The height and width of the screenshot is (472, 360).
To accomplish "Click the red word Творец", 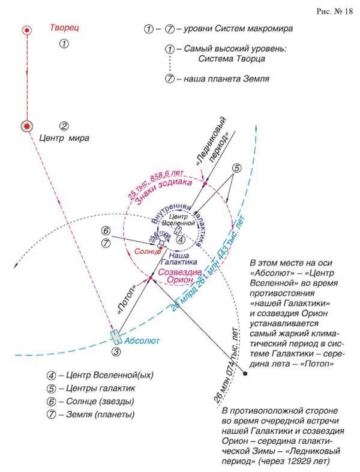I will tap(64, 28).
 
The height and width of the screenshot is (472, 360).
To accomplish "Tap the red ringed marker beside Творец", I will tap(26, 29).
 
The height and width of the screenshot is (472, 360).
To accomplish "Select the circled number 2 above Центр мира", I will tap(64, 126).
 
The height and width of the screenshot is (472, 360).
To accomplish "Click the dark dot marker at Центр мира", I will tap(26, 126).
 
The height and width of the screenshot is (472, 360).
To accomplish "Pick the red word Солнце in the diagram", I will tap(148, 251).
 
